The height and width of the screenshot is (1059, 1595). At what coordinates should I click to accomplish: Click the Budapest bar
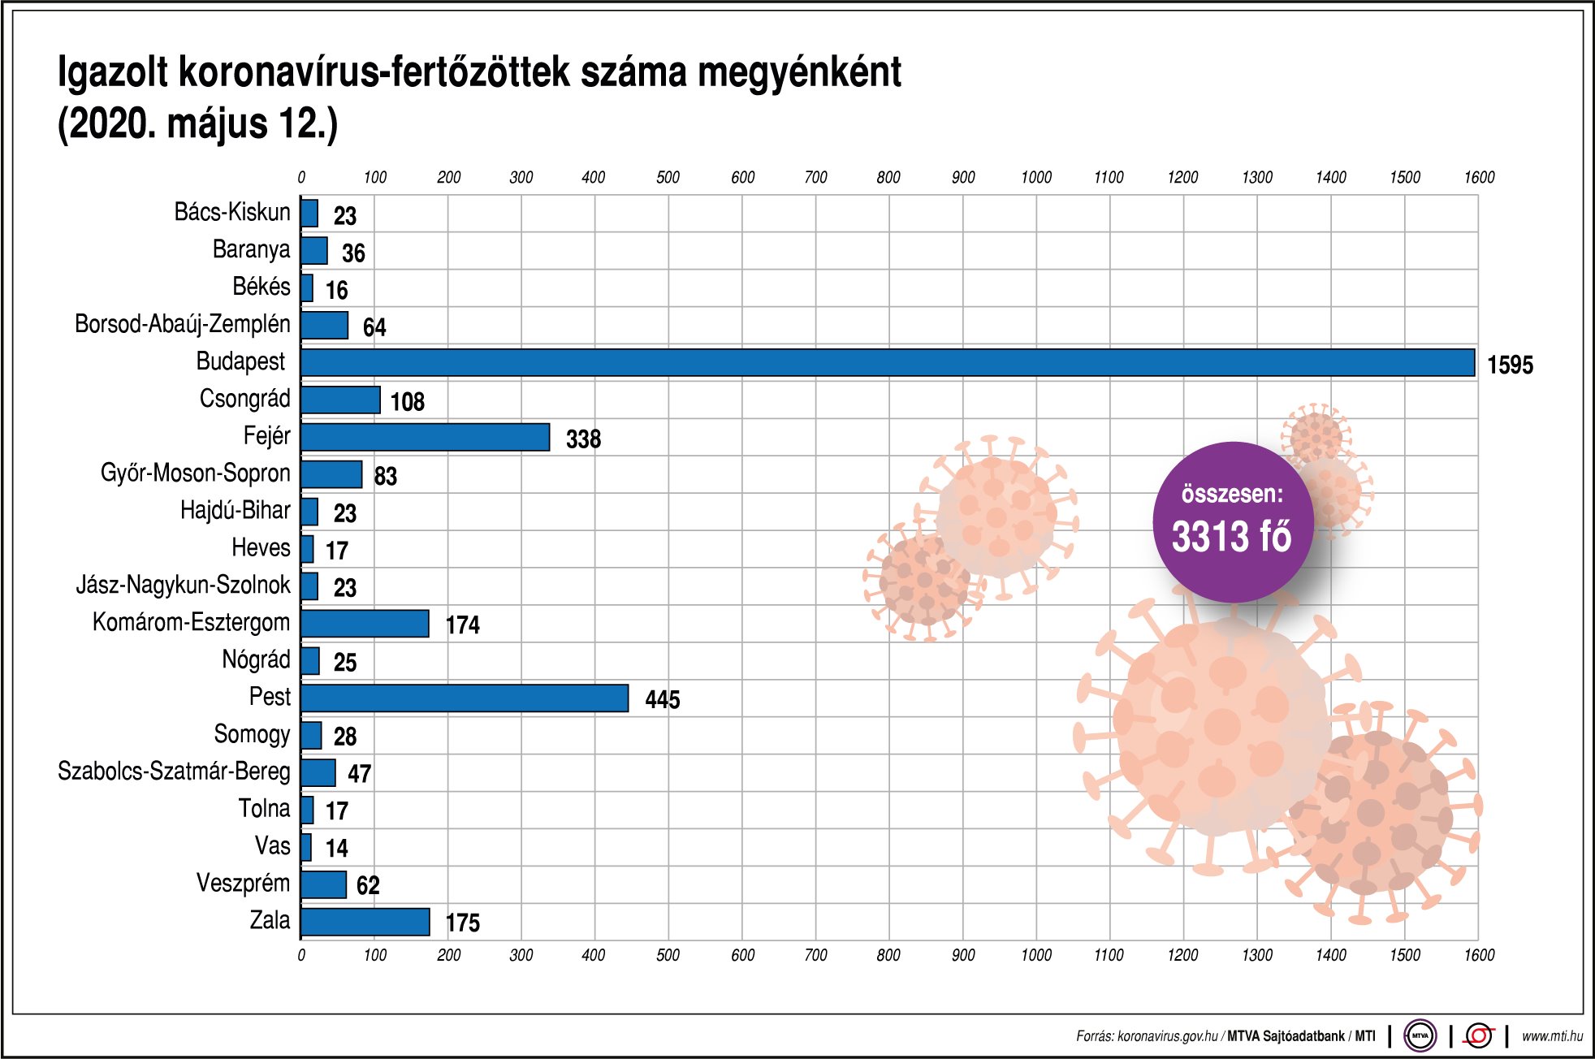(x=887, y=362)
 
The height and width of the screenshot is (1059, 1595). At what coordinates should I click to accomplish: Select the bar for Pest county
(x=465, y=698)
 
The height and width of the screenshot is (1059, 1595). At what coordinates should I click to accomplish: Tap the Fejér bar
(x=425, y=437)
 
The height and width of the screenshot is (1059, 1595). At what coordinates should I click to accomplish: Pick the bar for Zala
(x=365, y=922)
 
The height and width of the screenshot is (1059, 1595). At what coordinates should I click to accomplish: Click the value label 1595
(x=1510, y=365)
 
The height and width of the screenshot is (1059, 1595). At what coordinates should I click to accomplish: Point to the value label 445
(x=662, y=699)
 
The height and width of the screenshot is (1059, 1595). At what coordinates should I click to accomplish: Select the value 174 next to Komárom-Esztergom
(x=462, y=625)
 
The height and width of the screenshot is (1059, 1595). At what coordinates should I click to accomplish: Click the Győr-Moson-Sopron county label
(x=195, y=473)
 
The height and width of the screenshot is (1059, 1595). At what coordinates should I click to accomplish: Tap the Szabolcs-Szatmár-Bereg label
(x=174, y=771)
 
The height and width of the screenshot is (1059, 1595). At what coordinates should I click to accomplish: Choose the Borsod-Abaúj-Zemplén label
(x=182, y=324)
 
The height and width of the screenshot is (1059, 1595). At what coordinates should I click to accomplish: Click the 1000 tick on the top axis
(x=1035, y=177)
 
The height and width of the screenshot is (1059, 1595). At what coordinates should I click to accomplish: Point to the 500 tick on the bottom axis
(x=668, y=955)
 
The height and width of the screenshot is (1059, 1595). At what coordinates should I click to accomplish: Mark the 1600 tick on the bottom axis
(x=1478, y=955)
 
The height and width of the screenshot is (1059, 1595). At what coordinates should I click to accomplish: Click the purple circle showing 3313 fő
(x=1232, y=521)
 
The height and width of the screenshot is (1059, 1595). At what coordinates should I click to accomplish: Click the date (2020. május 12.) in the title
(x=197, y=123)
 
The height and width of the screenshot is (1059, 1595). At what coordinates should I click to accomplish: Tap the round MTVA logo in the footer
(x=1420, y=1035)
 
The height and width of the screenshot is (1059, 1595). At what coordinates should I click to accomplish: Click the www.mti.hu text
(x=1551, y=1035)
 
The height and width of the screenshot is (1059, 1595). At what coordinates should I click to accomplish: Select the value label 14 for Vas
(x=336, y=848)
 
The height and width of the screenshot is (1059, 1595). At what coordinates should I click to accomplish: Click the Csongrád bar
(x=340, y=400)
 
